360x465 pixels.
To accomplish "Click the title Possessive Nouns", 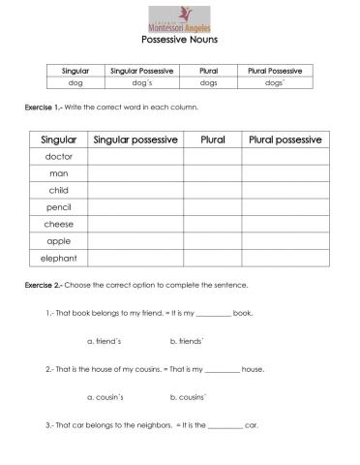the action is click(180, 41).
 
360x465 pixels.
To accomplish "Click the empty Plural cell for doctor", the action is click(213, 156).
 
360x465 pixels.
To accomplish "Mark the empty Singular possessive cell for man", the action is click(135, 173).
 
